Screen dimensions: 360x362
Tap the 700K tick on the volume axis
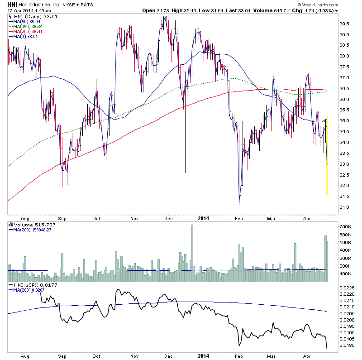[x=347, y=226]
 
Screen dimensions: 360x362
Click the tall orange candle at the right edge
[x=327, y=156]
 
